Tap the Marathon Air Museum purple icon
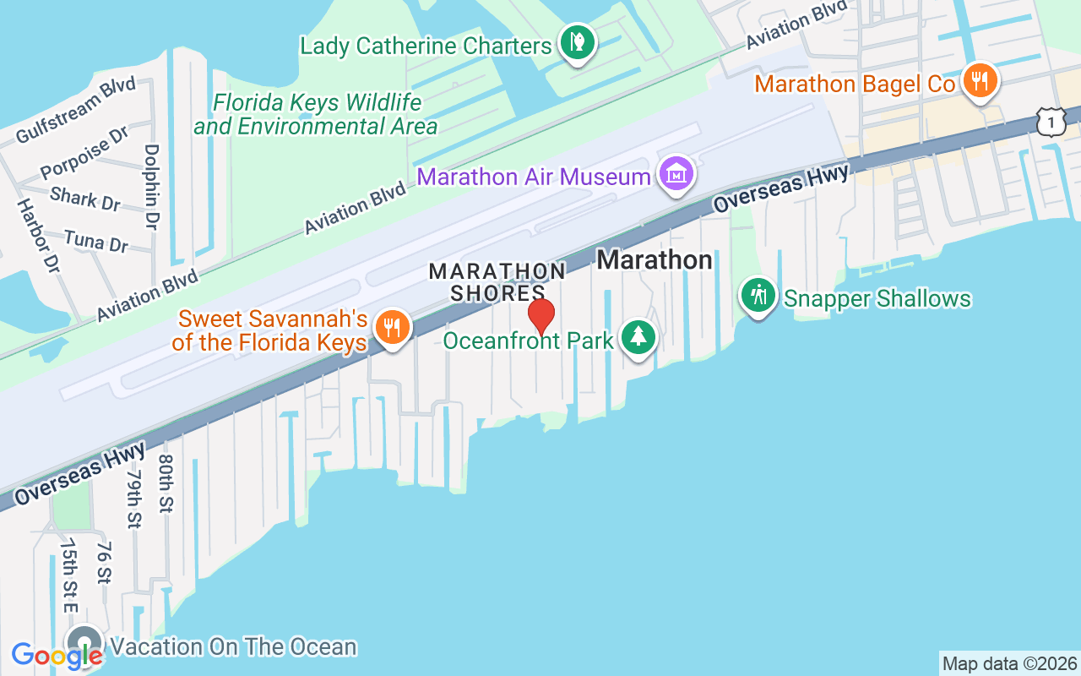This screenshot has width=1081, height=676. click(676, 175)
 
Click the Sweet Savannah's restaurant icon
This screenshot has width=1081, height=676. click(391, 327)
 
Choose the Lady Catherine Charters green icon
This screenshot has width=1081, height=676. click(577, 41)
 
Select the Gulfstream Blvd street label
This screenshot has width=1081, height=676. click(76, 110)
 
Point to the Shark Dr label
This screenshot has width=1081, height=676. click(84, 199)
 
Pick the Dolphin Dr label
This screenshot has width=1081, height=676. click(152, 187)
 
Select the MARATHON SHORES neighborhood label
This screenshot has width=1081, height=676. click(497, 282)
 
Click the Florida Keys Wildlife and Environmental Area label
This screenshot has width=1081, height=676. click(316, 115)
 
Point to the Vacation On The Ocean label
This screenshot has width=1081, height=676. click(234, 647)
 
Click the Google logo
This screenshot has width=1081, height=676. click(57, 655)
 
